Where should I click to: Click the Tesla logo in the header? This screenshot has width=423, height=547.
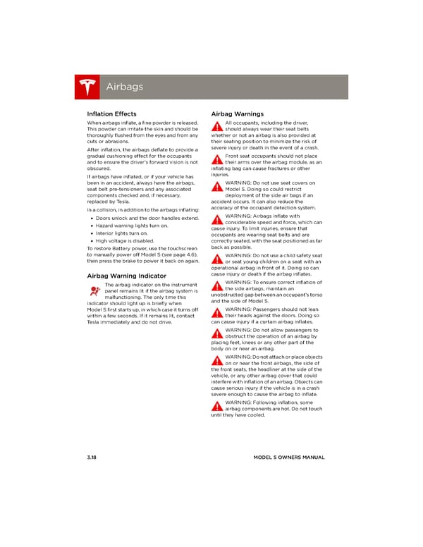click(87, 87)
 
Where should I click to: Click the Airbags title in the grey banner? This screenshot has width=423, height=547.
click(124, 87)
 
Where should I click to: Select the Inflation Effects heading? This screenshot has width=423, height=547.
click(111, 113)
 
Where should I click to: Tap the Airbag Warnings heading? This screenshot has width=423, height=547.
click(238, 113)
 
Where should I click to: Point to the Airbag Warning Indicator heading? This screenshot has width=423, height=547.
click(126, 276)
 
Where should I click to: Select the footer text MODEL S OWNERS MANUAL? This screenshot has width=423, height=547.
click(289, 457)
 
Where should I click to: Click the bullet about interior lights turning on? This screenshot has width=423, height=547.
click(122, 233)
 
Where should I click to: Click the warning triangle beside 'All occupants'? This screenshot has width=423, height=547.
click(217, 127)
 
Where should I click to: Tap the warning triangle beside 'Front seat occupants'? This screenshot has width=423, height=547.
click(217, 159)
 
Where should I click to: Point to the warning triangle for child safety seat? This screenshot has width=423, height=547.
click(217, 258)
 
